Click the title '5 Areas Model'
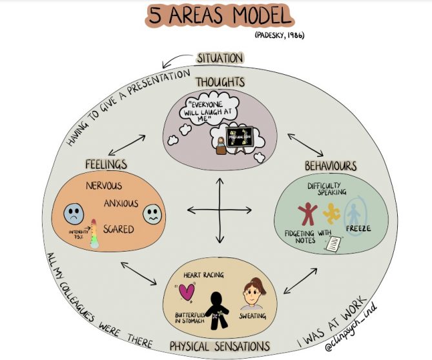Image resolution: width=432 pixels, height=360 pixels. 218,16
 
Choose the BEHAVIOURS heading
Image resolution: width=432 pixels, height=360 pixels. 331,166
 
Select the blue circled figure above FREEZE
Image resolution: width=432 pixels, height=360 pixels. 354,212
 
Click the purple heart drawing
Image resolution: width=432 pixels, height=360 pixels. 188,292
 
